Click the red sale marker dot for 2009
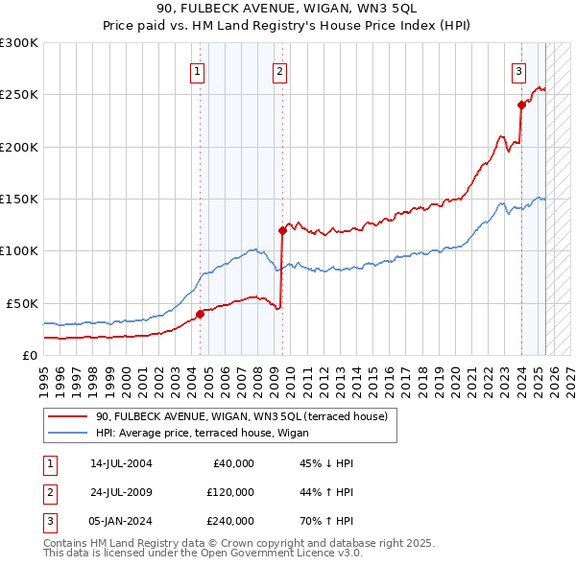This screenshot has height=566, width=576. pos(283,230)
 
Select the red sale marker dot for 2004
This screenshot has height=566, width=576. pos(201,314)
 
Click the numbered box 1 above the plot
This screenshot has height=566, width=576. pos(197,70)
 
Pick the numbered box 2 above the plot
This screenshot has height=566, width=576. pos(279,70)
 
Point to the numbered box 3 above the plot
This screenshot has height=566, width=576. pos(518,70)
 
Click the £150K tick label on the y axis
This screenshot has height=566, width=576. pos(18,200)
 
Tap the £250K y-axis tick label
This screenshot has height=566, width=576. pos(18,95)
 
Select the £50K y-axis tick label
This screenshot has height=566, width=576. pos(22,303)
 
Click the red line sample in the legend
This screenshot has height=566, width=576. pos(67,416)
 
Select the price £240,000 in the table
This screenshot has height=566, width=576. pos(230,521)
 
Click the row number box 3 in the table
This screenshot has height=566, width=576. pos(50,521)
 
